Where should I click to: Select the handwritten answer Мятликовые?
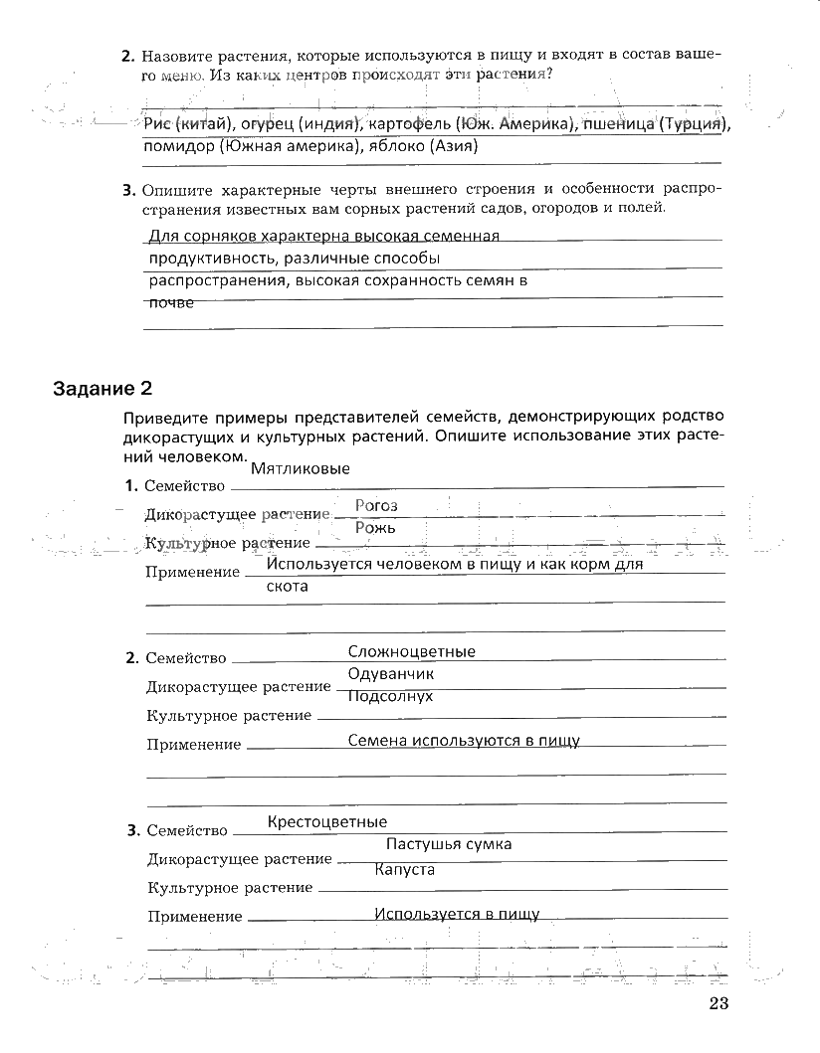301,468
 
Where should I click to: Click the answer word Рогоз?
376,505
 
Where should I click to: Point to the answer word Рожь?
375,527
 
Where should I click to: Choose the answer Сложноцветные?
412,651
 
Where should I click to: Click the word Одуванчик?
391,673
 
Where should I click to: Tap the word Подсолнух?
390,696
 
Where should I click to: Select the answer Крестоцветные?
327,821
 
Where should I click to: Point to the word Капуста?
405,869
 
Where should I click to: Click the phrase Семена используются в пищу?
464,740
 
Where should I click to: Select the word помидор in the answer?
180,146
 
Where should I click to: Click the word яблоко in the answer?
400,146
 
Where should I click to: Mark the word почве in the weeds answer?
170,303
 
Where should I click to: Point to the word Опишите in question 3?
179,189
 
